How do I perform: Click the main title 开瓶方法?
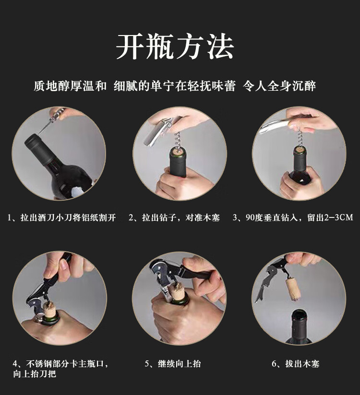click(175, 47)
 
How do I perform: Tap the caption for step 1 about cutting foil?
click(62, 217)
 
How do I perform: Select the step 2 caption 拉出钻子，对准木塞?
click(174, 217)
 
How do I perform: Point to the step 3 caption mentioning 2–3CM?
click(293, 217)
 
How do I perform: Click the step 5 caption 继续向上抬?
click(173, 363)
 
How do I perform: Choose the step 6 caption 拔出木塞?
click(296, 363)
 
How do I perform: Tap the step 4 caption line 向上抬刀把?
click(35, 373)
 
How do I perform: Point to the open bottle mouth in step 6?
click(300, 314)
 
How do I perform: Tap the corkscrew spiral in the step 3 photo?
click(299, 140)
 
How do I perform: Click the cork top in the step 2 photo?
click(179, 152)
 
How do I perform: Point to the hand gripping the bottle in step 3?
click(300, 182)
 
